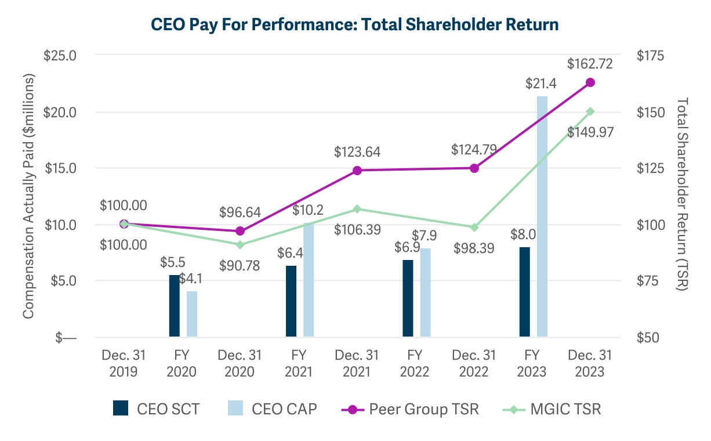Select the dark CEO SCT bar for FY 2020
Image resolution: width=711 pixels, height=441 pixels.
(174, 306)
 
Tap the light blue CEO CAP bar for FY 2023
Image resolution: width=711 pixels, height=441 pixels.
(542, 216)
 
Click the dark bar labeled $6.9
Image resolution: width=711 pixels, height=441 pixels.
(408, 298)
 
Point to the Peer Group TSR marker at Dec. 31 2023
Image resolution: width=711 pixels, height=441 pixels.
(590, 82)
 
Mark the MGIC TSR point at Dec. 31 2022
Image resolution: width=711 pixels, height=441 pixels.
(474, 227)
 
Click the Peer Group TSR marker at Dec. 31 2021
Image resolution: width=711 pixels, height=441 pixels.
(357, 171)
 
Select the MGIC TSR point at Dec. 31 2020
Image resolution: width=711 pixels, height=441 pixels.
(240, 244)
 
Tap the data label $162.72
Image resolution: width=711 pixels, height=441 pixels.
(590, 63)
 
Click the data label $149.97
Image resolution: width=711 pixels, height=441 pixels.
(590, 132)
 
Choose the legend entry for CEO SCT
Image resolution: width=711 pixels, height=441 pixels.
(157, 409)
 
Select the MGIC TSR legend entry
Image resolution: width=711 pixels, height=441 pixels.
(551, 409)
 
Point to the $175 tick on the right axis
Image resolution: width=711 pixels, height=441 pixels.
(650, 56)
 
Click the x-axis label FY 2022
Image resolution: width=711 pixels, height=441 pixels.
(415, 363)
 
